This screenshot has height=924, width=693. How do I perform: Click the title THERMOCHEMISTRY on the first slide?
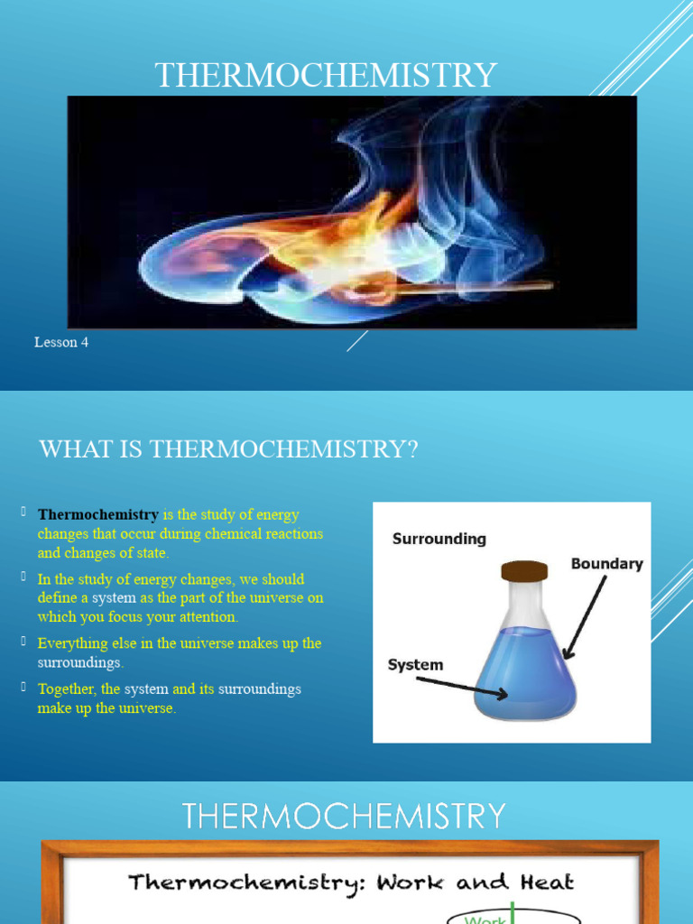coord(326,75)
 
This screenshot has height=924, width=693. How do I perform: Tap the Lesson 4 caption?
coord(61,343)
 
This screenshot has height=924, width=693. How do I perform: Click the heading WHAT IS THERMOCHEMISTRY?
coord(228,449)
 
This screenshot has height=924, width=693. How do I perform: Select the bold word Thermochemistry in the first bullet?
coord(98,515)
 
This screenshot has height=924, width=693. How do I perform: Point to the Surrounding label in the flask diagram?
coord(439,539)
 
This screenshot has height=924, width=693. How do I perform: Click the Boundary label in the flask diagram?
coord(606,564)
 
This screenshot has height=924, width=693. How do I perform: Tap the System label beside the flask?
coord(415,665)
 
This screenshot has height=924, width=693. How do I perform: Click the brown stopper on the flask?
coord(524,570)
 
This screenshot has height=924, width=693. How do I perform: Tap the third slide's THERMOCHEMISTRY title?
coord(344,816)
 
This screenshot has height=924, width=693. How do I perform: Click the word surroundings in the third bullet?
coord(79,662)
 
